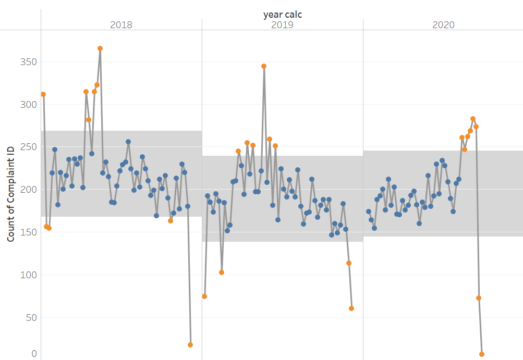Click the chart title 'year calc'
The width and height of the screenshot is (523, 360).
282,15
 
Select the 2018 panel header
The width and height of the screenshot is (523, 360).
121,25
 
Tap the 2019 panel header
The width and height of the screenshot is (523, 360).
282,25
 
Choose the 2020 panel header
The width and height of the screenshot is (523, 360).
443,25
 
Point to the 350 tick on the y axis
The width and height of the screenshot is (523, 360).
29,62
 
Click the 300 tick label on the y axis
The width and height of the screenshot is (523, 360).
29,105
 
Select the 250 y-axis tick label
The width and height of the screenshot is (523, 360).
29,147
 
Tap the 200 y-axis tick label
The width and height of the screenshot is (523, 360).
29,190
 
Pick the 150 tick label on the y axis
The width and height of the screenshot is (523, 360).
29,232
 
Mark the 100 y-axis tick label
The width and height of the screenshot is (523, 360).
29,275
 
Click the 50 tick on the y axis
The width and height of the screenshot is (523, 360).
31,317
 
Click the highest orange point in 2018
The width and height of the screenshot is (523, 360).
100,48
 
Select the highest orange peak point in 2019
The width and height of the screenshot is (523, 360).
264,66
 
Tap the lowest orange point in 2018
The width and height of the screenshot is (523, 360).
190,345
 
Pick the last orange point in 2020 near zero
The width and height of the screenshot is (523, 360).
482,354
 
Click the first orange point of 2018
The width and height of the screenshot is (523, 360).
43,94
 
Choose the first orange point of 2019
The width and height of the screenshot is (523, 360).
204,296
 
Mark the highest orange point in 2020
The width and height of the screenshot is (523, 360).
473,119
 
